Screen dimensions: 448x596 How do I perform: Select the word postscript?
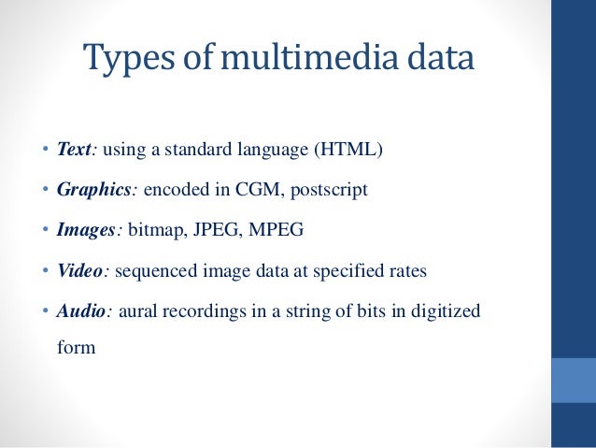coord(329,190)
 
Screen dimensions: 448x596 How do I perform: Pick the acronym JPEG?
coord(216,230)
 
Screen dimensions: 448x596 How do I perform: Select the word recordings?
coord(204,311)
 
